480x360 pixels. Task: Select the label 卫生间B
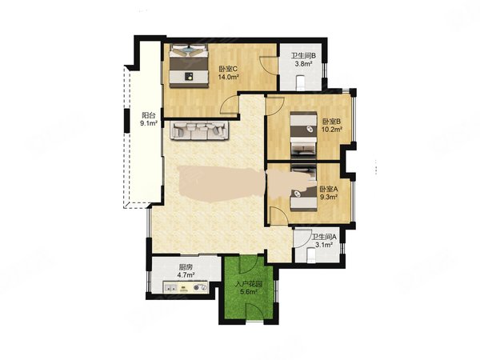tap(302, 55)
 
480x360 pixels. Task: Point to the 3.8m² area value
tap(302, 64)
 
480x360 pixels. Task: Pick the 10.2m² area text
tap(331, 130)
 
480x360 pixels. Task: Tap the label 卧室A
tap(329, 190)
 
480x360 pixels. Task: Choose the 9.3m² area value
tap(329, 198)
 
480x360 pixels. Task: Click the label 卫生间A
tap(324, 237)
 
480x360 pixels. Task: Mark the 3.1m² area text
tap(324, 246)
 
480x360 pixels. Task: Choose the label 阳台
tap(148, 114)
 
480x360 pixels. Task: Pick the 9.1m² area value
tap(148, 124)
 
